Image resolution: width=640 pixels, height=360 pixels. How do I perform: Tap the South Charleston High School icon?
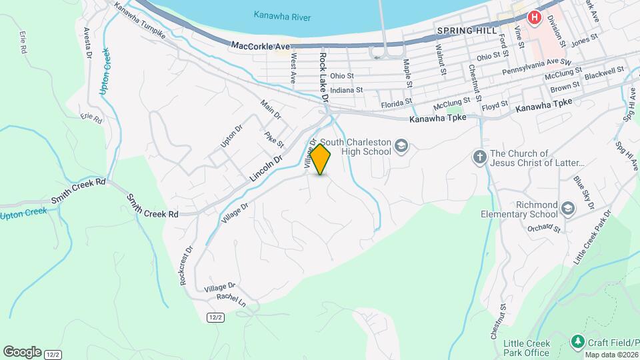click(401, 145)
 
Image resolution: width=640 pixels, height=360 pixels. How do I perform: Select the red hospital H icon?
click(534, 18)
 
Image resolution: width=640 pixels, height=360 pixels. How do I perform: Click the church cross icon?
click(479, 157)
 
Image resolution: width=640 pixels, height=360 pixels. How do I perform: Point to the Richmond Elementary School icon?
click(567, 209)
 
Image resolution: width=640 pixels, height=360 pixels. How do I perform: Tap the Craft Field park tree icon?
click(577, 343)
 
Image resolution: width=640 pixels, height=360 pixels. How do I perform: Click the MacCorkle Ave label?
click(261, 46)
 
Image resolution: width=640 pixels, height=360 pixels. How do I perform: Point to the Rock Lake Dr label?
click(323, 76)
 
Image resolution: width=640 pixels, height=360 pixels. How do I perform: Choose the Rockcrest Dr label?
click(186, 266)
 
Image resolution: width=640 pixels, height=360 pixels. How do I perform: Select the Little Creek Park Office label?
click(527, 347)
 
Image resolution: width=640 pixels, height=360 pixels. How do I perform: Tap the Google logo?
click(22, 351)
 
